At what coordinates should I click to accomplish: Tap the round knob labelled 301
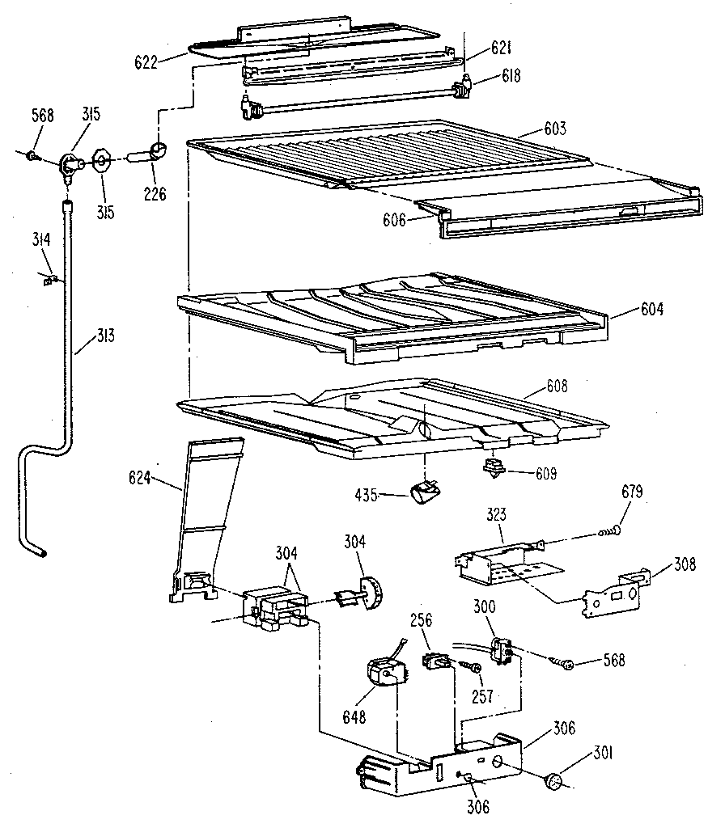tap(553, 781)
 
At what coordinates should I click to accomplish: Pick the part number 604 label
tap(647, 310)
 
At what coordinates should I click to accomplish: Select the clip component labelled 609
tap(491, 468)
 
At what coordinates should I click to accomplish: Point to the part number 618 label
tap(511, 77)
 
